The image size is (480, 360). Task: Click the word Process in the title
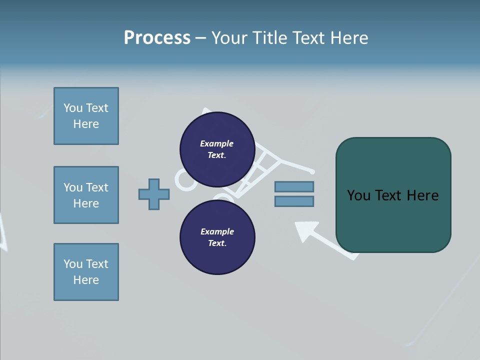click(x=157, y=38)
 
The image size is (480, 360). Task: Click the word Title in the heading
click(x=269, y=38)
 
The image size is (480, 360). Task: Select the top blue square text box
click(x=86, y=116)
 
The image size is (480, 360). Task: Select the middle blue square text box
click(x=86, y=195)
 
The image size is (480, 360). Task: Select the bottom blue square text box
click(x=86, y=272)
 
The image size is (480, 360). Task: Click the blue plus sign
click(x=154, y=194)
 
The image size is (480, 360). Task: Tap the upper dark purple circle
click(x=217, y=149)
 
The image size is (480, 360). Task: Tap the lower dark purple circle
click(x=217, y=237)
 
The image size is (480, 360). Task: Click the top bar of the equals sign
click(x=294, y=186)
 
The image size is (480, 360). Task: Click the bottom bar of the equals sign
click(x=294, y=201)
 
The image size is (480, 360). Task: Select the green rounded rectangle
click(x=393, y=220)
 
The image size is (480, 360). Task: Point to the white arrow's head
click(x=304, y=230)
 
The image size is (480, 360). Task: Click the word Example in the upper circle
click(x=217, y=143)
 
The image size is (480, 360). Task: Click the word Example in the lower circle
click(x=217, y=231)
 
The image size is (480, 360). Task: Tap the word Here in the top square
click(x=86, y=124)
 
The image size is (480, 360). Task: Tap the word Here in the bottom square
click(x=86, y=280)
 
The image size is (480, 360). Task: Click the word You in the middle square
click(x=73, y=187)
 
